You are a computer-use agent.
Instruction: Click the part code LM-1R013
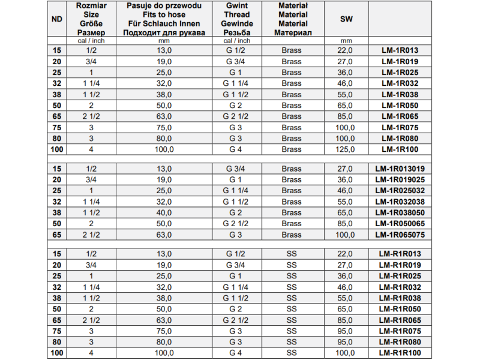point(400,50)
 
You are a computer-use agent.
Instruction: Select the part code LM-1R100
point(400,149)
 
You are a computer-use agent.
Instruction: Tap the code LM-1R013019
point(400,169)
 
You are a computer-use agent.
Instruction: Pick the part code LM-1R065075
point(400,235)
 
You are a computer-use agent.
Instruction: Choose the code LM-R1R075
point(400,331)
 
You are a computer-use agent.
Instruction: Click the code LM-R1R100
point(400,353)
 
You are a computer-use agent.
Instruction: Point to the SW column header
point(346,19)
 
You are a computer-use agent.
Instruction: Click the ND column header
point(58,19)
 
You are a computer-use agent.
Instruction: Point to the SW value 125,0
point(346,149)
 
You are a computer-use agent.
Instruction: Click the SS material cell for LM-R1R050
point(292,309)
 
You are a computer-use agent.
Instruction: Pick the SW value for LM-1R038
point(346,95)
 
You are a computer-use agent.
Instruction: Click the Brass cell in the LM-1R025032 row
point(292,191)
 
